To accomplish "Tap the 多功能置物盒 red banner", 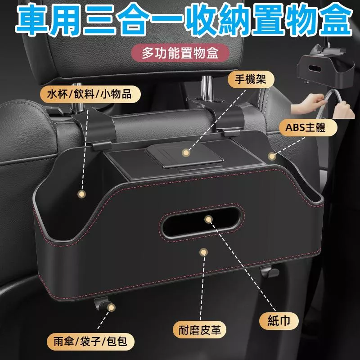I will click(180, 54).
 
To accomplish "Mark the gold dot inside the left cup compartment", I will click(81, 194).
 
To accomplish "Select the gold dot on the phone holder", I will click(185, 153).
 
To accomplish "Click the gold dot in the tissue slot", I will click(207, 219).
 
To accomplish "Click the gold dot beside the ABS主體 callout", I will click(271, 157).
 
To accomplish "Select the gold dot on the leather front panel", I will click(203, 253).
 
